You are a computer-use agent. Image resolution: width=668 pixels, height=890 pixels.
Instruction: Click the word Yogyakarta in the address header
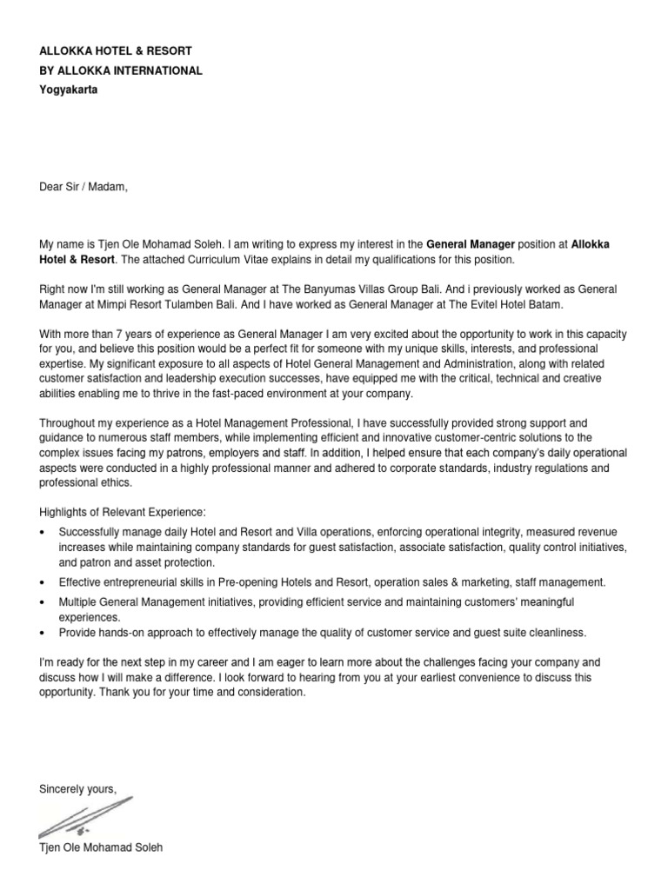pos(69,90)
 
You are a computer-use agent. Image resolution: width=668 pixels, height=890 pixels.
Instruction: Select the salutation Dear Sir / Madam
pos(83,185)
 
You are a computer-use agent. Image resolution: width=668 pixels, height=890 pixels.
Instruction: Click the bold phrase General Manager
pos(471,244)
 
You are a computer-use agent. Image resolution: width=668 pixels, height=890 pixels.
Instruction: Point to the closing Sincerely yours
pos(77,789)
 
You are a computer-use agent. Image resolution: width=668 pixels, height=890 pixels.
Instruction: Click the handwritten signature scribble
pos(86,818)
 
